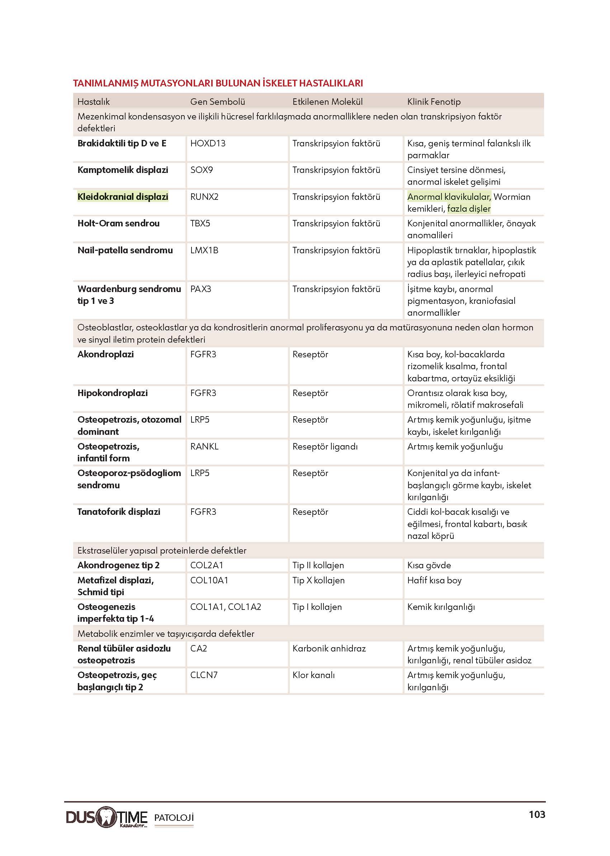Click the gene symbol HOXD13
208,144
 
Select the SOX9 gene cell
201,170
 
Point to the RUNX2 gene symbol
204,197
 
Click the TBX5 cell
200,224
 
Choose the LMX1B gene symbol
204,250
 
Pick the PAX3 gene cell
200,289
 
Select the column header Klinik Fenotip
434,102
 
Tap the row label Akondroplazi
105,354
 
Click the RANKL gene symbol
204,446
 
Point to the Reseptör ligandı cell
325,446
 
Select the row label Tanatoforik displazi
119,512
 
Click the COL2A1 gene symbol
207,565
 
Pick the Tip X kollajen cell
318,580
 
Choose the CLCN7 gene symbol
204,675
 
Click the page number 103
537,814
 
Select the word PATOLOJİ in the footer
174,818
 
